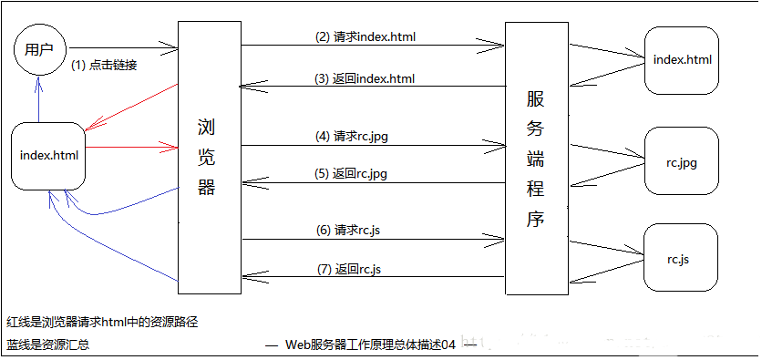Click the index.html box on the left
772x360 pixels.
point(49,156)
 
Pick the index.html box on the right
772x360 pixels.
point(682,60)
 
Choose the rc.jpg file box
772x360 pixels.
point(682,161)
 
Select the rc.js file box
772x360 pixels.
point(677,260)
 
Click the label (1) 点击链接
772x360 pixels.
point(104,65)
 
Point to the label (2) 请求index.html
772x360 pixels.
point(365,37)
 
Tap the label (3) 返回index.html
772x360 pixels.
point(365,79)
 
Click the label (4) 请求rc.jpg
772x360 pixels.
point(358,136)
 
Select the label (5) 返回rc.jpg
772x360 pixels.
point(358,173)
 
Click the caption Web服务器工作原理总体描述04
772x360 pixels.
point(370,345)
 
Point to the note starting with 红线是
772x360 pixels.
point(102,321)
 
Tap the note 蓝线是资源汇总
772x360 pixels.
point(47,345)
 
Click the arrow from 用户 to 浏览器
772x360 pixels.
point(123,46)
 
